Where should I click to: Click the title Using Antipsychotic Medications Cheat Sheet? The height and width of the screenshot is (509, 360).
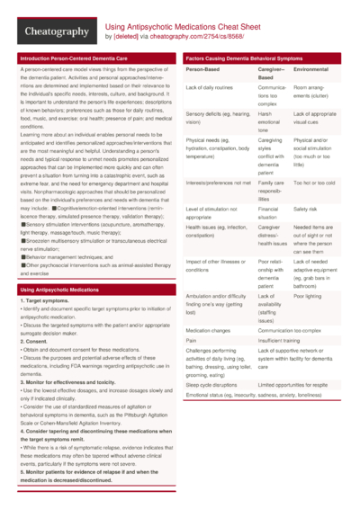(184, 27)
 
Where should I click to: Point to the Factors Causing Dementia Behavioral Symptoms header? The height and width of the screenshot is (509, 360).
(245, 58)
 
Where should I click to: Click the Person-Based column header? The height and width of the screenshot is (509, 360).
(203, 68)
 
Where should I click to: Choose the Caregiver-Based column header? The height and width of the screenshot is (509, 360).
(271, 73)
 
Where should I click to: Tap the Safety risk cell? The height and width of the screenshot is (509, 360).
(305, 209)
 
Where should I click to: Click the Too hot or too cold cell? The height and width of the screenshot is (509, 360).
(314, 183)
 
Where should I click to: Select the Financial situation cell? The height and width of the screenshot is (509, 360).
(272, 213)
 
